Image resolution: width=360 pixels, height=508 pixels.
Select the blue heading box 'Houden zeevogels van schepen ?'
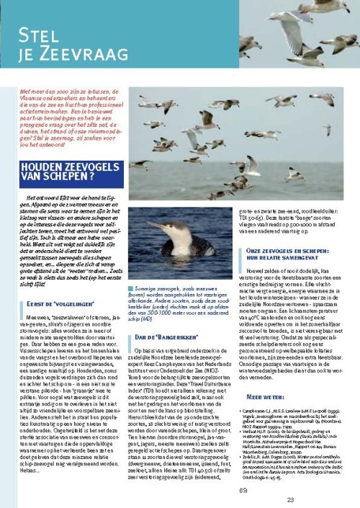pos(69,174)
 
